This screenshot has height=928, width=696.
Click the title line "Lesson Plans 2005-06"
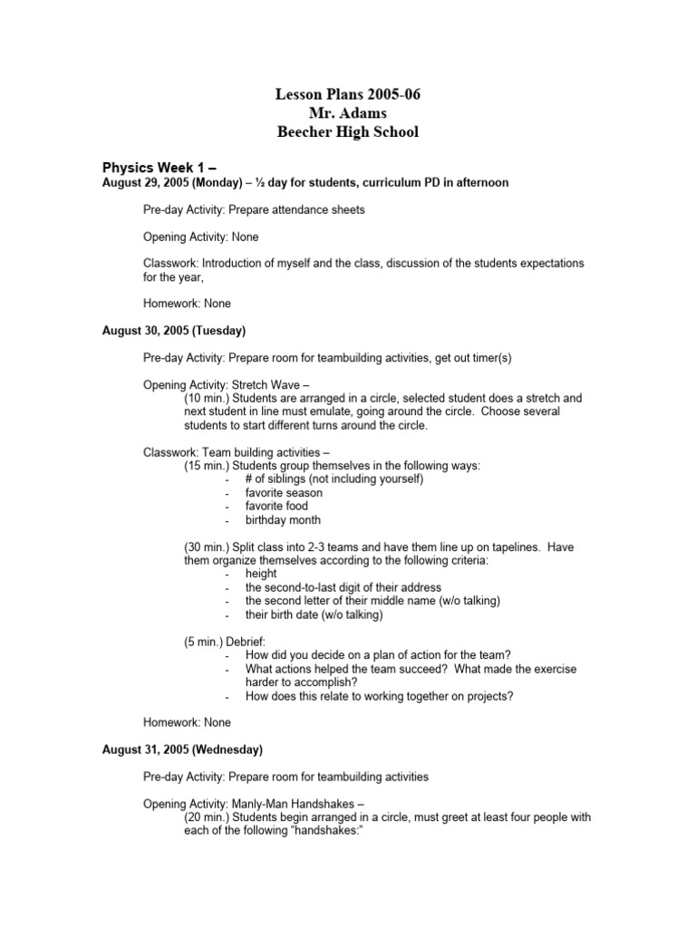click(347, 95)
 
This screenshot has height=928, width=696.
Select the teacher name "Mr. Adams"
click(347, 113)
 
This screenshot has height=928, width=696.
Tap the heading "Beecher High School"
click(347, 132)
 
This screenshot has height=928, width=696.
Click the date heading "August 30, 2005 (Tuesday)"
click(174, 331)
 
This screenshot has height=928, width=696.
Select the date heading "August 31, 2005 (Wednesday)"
click(182, 749)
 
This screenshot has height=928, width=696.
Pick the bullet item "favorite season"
click(284, 493)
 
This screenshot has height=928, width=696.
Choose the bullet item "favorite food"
click(276, 507)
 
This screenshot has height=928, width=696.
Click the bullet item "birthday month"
click(283, 520)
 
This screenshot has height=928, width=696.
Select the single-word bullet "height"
click(261, 574)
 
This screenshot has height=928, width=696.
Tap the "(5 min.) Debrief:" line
click(226, 642)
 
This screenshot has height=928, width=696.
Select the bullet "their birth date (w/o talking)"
click(314, 614)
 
